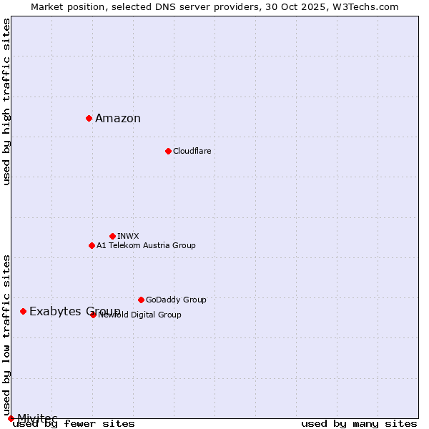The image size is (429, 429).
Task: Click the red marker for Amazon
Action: coord(89,118)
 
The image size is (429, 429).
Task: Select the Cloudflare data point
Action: coord(168,151)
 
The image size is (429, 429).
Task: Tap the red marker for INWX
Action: coord(112,236)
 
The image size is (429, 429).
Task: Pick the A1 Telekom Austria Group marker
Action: coord(92,245)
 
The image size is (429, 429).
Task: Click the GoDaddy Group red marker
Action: coord(141,300)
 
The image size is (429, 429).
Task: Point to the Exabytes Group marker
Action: coord(23,311)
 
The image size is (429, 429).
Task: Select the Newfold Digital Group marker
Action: coord(93,315)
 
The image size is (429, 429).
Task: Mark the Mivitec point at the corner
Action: coord(11,418)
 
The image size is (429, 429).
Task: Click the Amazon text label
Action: coord(118,119)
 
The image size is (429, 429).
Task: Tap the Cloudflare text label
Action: coord(192,151)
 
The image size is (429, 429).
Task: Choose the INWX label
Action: coord(128,236)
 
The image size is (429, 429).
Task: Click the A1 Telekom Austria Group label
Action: coord(146,245)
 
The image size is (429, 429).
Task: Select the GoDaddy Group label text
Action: coord(176,300)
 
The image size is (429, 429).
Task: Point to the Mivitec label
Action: coord(37,418)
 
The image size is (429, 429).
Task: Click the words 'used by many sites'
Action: coord(359,424)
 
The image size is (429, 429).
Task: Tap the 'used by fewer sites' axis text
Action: coord(74,424)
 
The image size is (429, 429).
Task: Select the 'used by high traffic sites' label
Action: coord(7,102)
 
